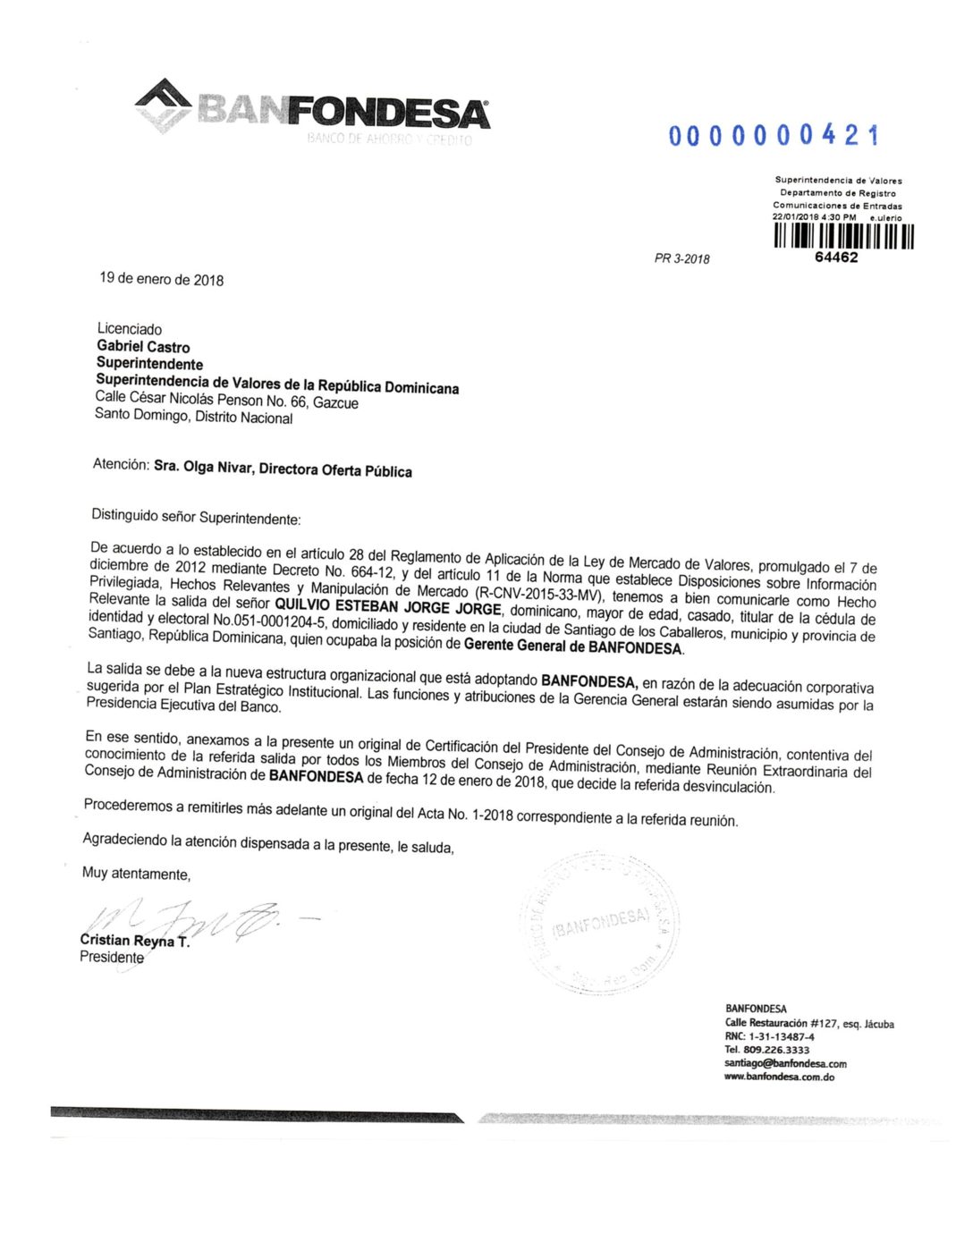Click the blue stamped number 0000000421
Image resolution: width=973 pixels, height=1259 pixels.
click(x=774, y=136)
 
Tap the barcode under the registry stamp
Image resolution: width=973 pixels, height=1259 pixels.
click(x=843, y=236)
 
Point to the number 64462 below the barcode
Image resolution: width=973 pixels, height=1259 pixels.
click(x=836, y=258)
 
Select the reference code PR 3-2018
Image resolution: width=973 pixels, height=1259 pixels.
click(x=681, y=259)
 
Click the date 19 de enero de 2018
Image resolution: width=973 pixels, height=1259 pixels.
click(x=161, y=279)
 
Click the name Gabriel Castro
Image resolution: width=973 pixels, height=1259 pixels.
click(x=143, y=346)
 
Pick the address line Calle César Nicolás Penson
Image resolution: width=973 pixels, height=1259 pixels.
click(x=226, y=400)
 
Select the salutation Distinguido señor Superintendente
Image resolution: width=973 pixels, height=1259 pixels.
click(x=196, y=517)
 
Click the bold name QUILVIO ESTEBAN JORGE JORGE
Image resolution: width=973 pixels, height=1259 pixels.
click(x=387, y=607)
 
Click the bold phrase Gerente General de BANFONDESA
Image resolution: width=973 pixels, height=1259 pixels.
click(x=572, y=646)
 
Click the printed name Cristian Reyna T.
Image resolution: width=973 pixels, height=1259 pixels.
click(x=134, y=940)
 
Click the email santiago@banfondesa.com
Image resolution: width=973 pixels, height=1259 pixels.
click(x=785, y=1063)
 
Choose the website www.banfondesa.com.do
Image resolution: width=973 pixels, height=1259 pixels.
click(x=779, y=1077)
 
